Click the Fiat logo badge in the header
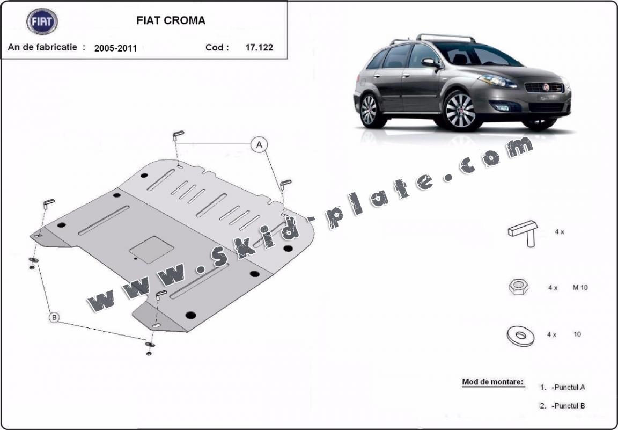point(42,21)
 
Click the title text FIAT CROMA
point(171,20)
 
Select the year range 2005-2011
point(115,48)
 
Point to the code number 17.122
point(259,47)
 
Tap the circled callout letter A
point(259,145)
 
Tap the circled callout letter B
point(54,317)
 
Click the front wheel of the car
point(460,111)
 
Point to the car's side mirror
point(430,63)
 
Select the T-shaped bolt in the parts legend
point(524,233)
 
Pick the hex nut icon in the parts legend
point(518,287)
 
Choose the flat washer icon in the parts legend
point(520,336)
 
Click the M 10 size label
point(580,288)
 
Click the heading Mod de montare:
point(492,382)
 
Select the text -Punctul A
point(568,387)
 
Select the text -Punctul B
point(568,405)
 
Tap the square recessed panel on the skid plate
point(151,250)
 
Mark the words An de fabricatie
point(42,47)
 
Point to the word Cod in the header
point(215,47)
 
